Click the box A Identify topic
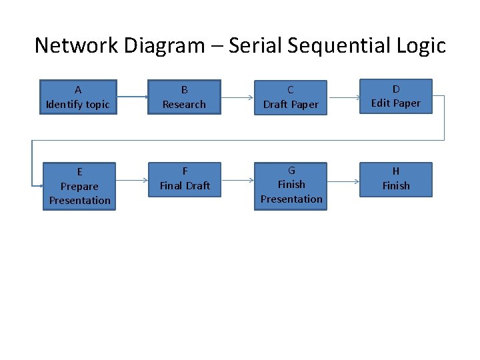pyautogui.click(x=78, y=97)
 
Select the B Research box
pyautogui.click(x=184, y=97)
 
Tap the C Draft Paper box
pyautogui.click(x=291, y=97)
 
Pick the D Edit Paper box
pyautogui.click(x=396, y=97)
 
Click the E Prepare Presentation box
pyautogui.click(x=79, y=186)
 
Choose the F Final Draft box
pyautogui.click(x=185, y=179)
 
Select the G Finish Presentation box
pyautogui.click(x=291, y=185)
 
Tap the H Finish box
pyautogui.click(x=396, y=179)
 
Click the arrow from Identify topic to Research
pyautogui.click(x=132, y=97)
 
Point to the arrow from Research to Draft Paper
pyautogui.click(x=237, y=97)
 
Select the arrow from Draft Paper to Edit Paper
pyautogui.click(x=343, y=97)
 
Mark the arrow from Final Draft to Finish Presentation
pyautogui.click(x=237, y=179)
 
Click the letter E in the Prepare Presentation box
pyautogui.click(x=79, y=172)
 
